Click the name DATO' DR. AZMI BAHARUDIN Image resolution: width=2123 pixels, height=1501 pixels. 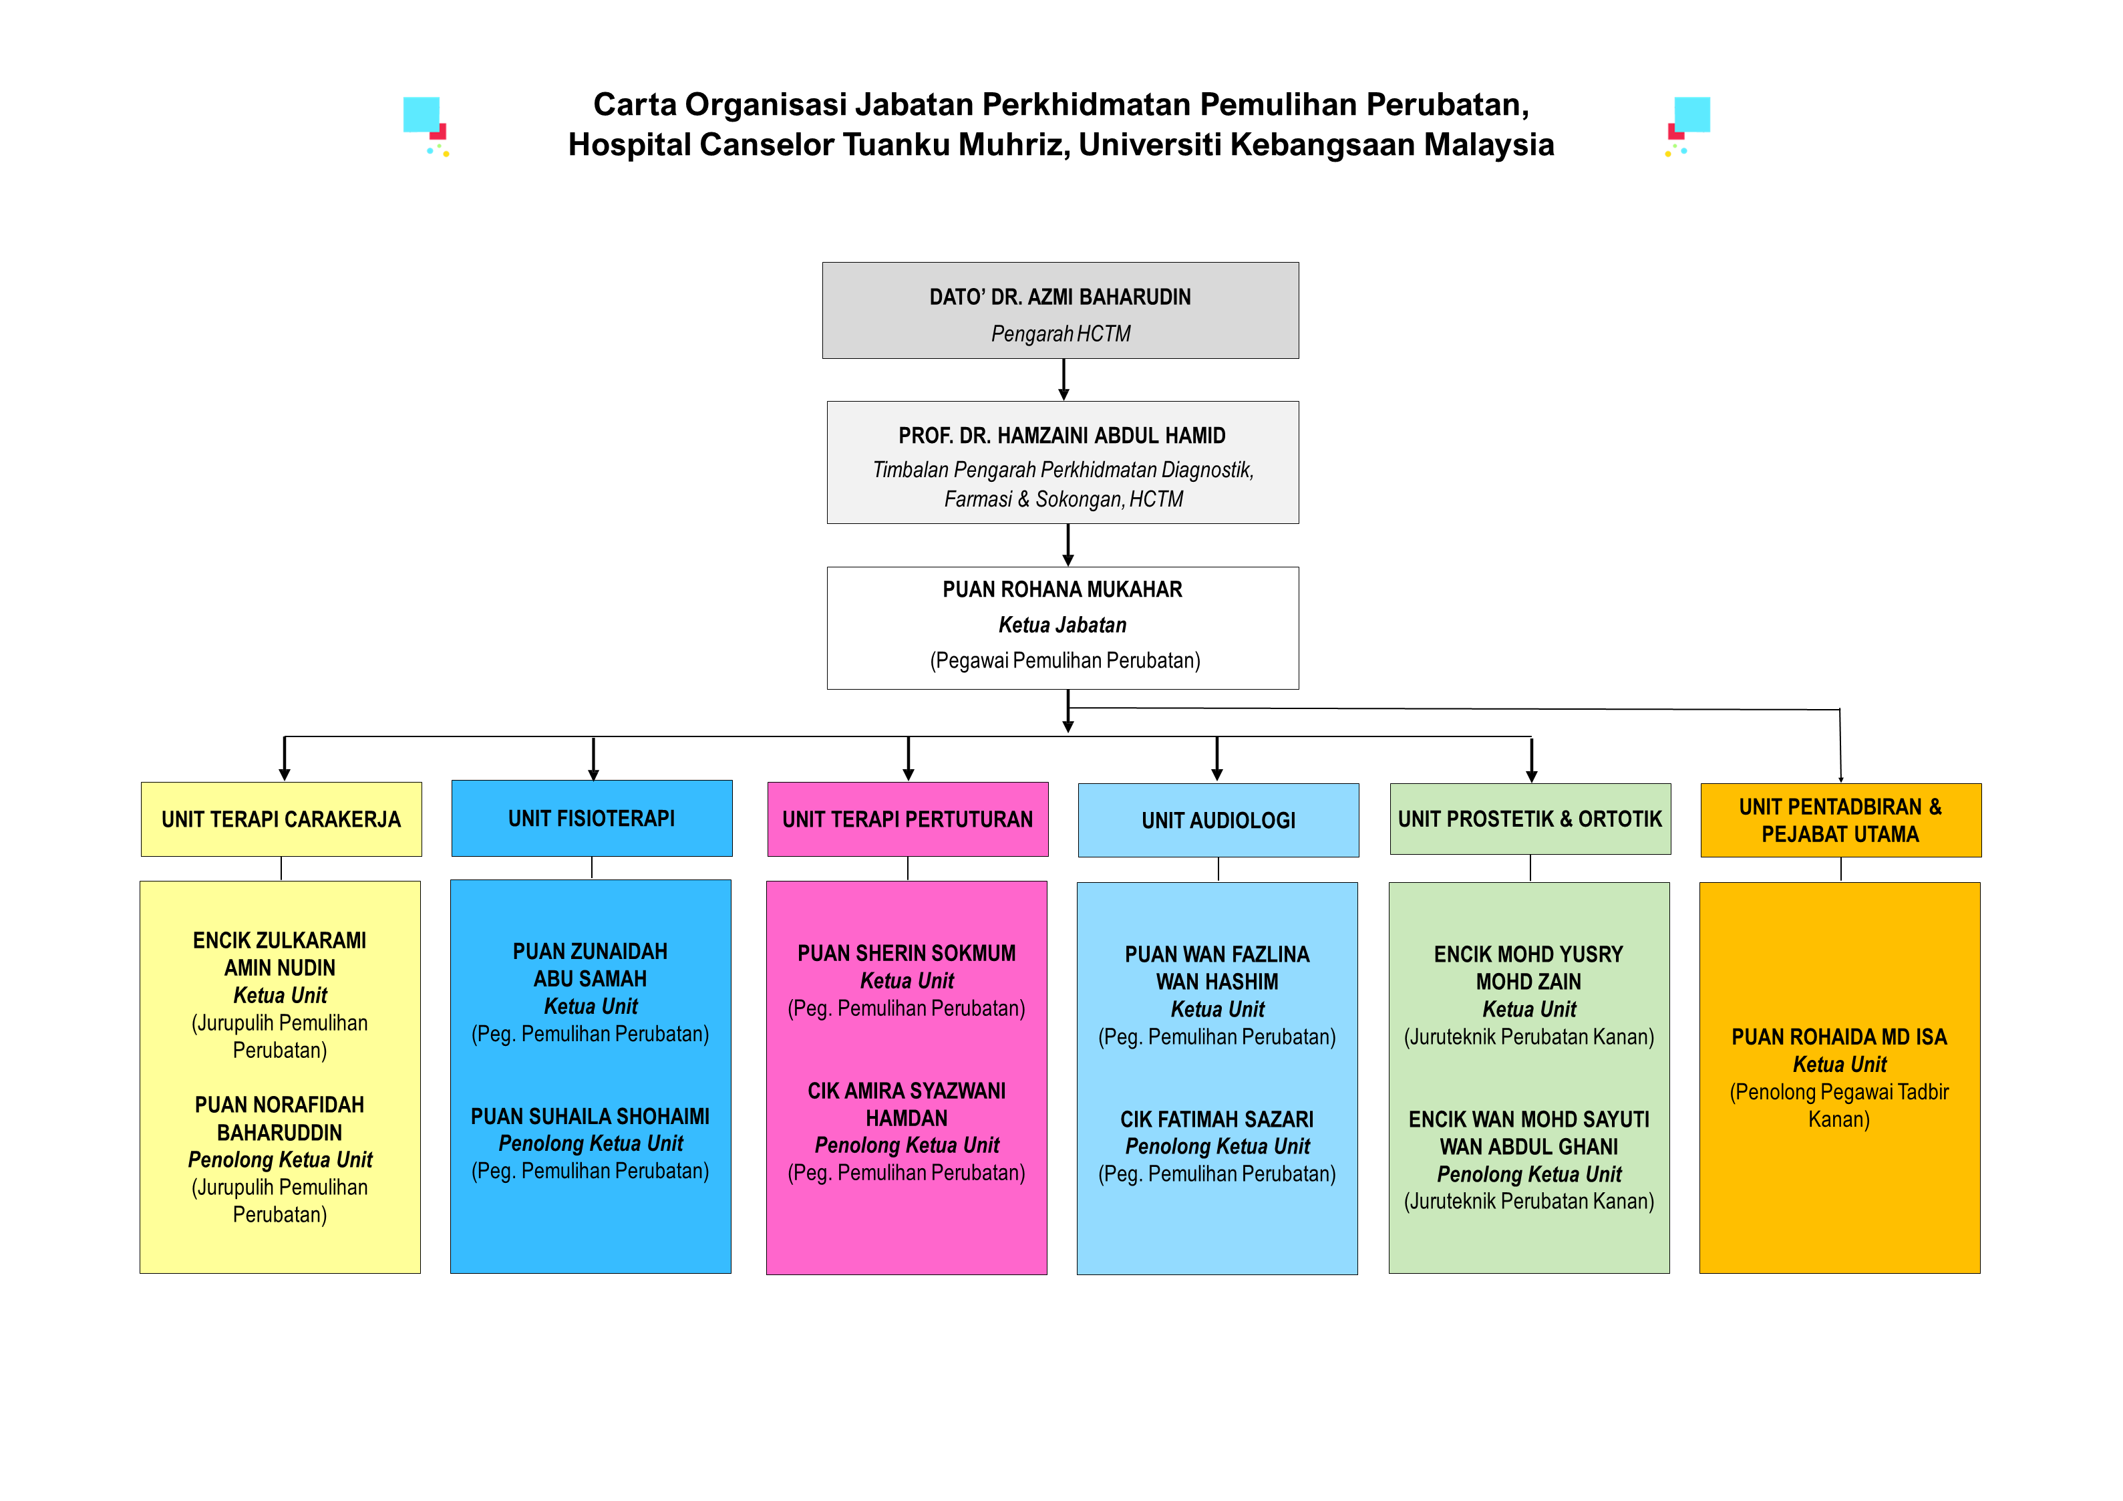(x=1059, y=297)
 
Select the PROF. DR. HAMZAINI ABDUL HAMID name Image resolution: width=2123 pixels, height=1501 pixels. (x=1061, y=436)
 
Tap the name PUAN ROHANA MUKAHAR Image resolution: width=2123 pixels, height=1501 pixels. (x=1061, y=590)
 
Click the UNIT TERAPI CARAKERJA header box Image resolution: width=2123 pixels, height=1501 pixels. (x=281, y=819)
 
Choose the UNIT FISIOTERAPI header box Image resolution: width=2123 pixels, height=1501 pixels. (x=592, y=819)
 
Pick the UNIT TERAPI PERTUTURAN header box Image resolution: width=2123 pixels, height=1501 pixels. (x=907, y=819)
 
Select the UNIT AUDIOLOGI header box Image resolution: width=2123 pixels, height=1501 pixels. (x=1218, y=820)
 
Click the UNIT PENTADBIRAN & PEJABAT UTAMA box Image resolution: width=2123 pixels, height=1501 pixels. (x=1840, y=820)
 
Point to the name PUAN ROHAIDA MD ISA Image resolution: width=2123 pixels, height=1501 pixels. (x=1839, y=1037)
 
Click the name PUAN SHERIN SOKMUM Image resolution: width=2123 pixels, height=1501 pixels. (x=906, y=954)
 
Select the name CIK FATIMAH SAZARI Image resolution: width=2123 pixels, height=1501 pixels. (x=1217, y=1119)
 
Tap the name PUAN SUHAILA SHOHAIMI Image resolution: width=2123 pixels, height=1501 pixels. (x=590, y=1116)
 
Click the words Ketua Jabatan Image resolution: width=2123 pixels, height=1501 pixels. (x=1061, y=625)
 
